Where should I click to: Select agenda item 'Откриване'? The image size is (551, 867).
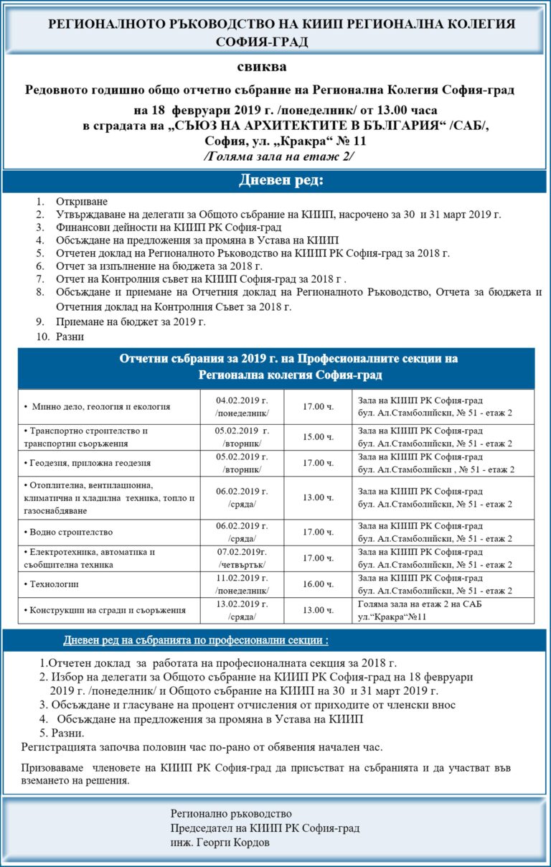pyautogui.click(x=82, y=202)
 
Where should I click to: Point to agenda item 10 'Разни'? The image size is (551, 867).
pyautogui.click(x=70, y=336)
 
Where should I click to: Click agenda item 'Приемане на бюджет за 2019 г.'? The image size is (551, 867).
pyautogui.click(x=131, y=322)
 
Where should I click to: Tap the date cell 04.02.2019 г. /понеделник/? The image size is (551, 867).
pyautogui.click(x=242, y=406)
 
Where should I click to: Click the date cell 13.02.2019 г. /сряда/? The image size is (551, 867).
pyautogui.click(x=242, y=610)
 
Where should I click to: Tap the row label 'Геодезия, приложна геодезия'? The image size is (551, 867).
pyautogui.click(x=90, y=463)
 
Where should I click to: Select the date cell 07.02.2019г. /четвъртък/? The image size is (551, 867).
pyautogui.click(x=242, y=558)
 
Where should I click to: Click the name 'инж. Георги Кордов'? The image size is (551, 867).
pyautogui.click(x=220, y=843)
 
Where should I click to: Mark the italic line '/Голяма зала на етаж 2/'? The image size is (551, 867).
pyautogui.click(x=279, y=156)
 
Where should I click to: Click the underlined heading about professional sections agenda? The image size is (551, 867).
pyautogui.click(x=196, y=639)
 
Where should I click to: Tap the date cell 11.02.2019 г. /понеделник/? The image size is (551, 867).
pyautogui.click(x=242, y=584)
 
